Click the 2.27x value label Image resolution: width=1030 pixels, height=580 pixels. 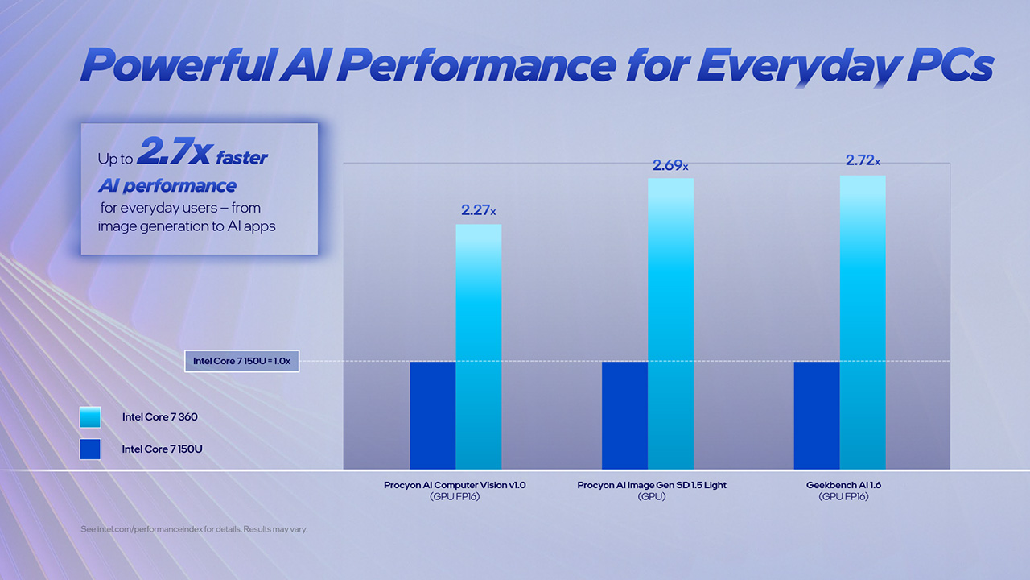478,210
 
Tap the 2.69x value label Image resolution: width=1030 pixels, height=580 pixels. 670,165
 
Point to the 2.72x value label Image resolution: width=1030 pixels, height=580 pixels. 863,161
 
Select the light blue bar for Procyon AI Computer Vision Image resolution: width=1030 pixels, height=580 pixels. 479,346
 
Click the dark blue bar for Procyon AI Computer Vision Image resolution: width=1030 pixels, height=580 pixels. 433,415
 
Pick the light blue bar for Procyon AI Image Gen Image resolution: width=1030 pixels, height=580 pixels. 670,322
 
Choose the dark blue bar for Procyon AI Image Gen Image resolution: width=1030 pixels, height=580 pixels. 624,415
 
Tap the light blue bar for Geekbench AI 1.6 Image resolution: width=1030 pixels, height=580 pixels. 863,322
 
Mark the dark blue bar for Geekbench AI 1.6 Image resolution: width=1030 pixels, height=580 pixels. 817,415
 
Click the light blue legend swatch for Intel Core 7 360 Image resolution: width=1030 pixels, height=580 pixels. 90,417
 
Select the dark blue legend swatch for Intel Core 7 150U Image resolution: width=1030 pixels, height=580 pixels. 90,449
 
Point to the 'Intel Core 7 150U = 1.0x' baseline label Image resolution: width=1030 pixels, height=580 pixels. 242,361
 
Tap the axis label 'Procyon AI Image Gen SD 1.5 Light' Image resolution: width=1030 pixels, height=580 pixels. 652,486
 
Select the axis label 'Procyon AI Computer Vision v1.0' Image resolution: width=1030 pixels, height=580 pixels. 455,486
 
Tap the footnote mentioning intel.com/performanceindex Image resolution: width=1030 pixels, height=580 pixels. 194,529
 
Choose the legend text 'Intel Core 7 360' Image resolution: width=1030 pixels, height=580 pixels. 159,417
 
